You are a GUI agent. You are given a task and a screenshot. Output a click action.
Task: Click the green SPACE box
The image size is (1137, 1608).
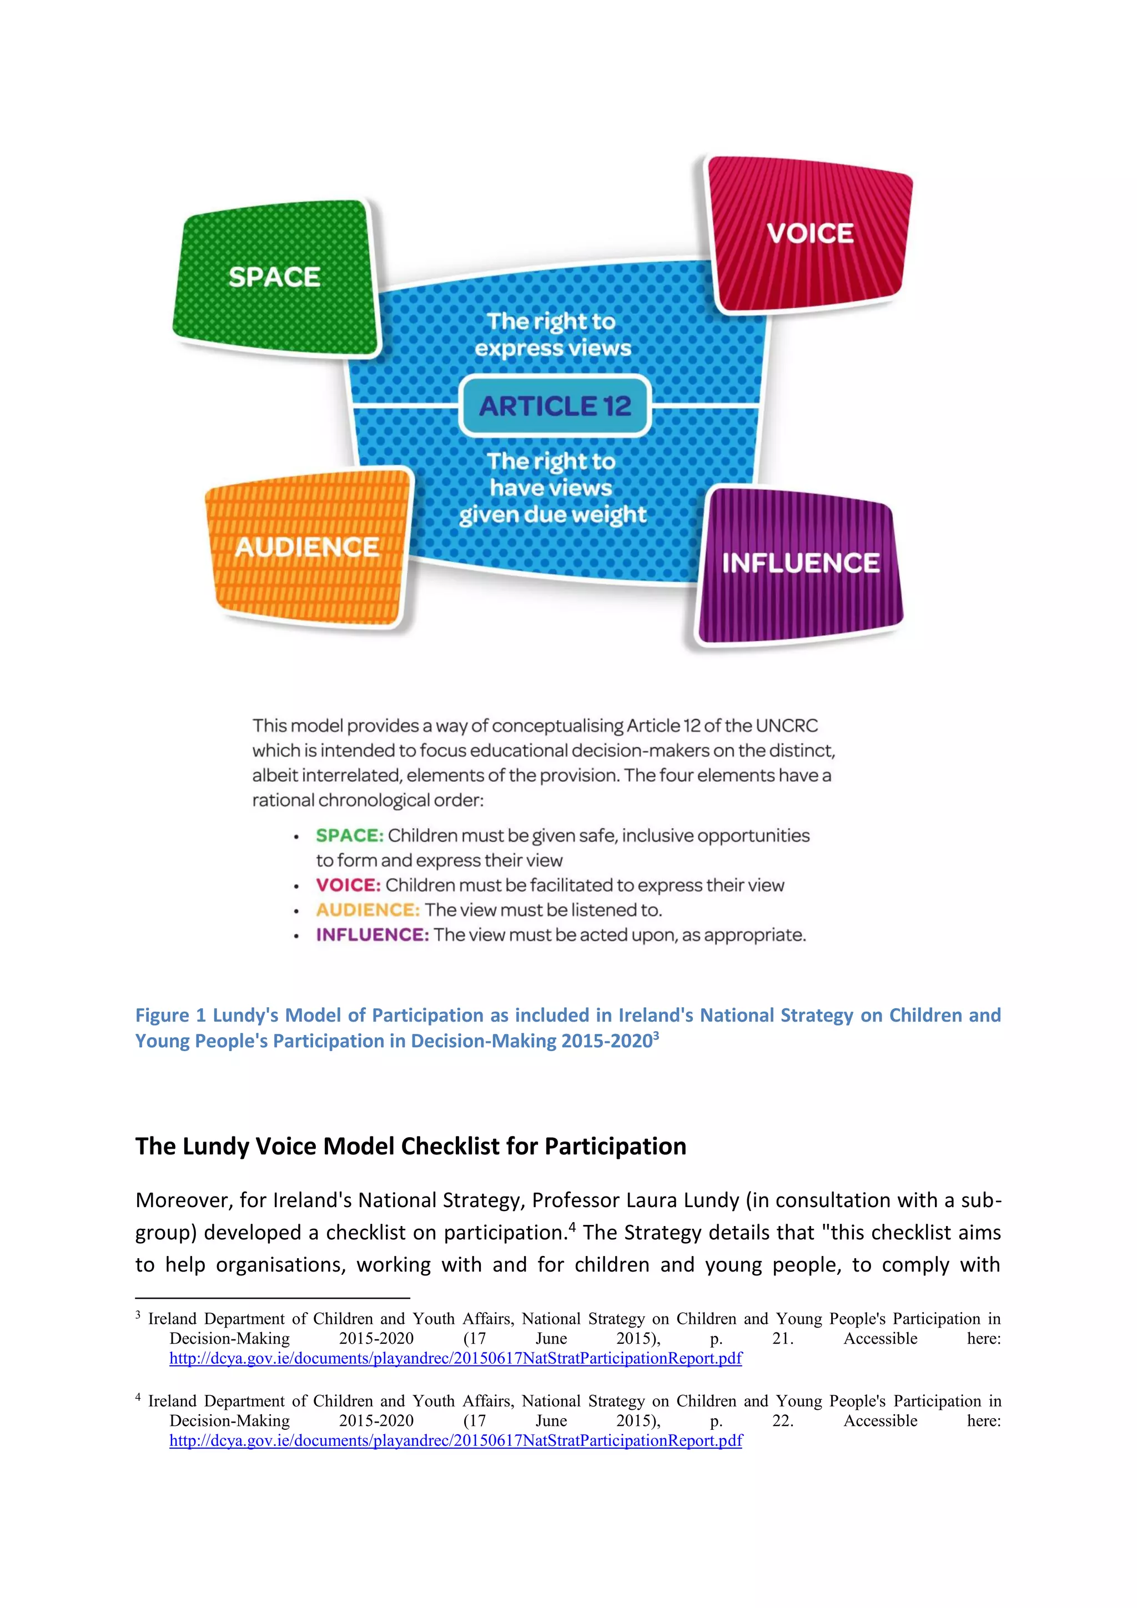click(275, 277)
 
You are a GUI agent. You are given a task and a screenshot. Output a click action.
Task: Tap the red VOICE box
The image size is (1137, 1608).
click(809, 233)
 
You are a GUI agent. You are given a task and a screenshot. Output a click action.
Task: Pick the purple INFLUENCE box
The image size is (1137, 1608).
click(800, 564)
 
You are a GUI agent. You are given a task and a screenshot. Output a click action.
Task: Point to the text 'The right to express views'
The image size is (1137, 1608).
click(552, 335)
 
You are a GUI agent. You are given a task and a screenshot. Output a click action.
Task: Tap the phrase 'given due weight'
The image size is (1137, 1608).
click(552, 515)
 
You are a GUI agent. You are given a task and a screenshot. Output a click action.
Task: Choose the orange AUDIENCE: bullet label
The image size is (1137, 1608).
click(368, 909)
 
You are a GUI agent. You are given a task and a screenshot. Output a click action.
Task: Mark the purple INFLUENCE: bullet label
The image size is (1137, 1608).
click(372, 935)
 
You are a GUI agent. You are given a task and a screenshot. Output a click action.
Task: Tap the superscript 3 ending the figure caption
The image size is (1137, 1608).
click(656, 1035)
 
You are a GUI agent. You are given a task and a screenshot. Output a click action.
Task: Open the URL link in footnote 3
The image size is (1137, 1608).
click(455, 1358)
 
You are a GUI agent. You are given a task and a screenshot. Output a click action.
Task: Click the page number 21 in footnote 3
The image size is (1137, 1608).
click(782, 1338)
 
